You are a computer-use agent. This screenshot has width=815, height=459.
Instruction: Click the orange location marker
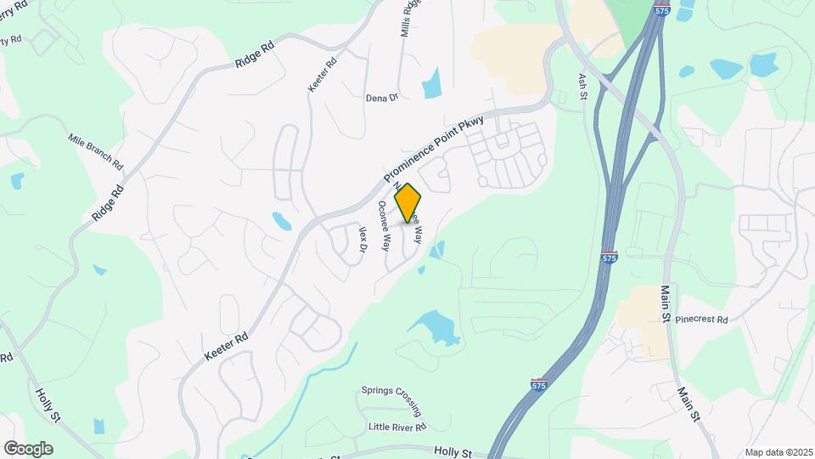click(x=407, y=202)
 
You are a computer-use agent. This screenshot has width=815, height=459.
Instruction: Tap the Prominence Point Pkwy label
click(x=433, y=150)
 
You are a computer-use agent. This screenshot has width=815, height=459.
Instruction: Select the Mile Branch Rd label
click(x=96, y=150)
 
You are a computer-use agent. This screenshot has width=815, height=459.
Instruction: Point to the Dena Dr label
click(x=381, y=98)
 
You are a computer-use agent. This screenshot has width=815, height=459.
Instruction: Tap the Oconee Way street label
click(x=384, y=226)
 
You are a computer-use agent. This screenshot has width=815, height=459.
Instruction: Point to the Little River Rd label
click(x=396, y=426)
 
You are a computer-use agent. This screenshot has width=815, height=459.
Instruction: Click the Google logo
click(x=28, y=448)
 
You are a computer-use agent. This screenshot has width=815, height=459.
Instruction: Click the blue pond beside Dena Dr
click(x=432, y=82)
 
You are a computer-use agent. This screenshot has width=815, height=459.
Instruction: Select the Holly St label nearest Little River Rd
click(x=452, y=452)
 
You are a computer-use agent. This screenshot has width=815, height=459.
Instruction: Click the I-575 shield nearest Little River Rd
click(x=538, y=385)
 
